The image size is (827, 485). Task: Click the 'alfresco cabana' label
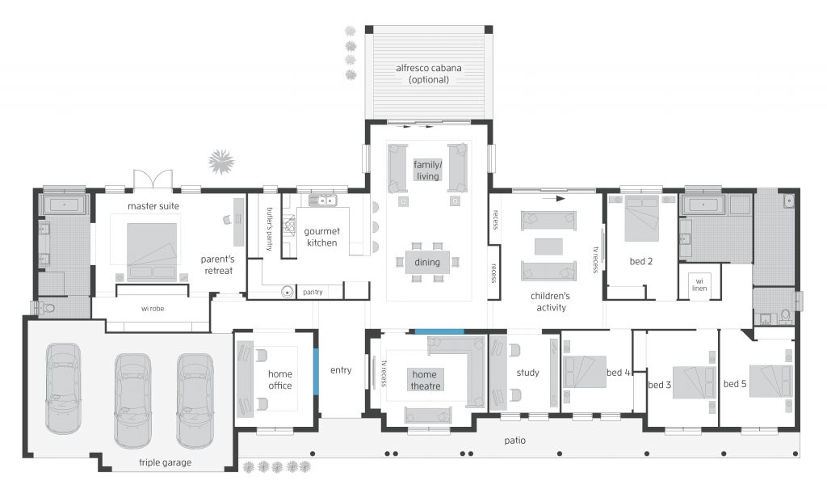point(428,68)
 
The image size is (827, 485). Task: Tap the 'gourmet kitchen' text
point(321,237)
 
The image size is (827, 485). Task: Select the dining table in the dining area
point(427,262)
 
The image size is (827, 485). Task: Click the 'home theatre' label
point(425,380)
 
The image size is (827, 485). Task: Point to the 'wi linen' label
point(699,285)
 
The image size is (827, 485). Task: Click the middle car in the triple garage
point(132,401)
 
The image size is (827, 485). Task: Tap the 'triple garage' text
point(165,462)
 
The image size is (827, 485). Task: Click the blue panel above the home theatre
point(439,331)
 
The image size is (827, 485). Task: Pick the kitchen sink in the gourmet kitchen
point(323,200)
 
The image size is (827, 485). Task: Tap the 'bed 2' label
point(640,261)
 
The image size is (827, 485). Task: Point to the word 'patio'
point(514,441)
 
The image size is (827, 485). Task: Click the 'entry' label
point(341,370)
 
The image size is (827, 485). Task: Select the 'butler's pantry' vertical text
point(270,229)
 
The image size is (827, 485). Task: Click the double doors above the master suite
point(153,179)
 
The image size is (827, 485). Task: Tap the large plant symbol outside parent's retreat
point(221,162)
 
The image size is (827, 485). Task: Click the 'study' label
point(528,373)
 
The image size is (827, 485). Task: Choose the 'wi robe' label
point(153,309)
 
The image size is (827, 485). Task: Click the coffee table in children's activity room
point(548,247)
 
